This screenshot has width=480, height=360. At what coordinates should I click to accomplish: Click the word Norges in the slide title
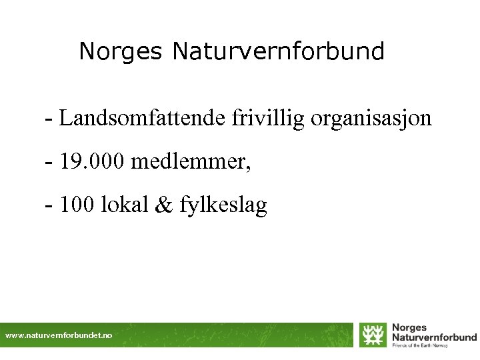(x=121, y=51)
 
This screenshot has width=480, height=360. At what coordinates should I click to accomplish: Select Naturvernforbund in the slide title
(x=278, y=51)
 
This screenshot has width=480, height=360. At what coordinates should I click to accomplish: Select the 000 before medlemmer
(x=107, y=162)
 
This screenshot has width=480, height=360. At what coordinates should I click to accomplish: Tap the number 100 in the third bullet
(x=77, y=205)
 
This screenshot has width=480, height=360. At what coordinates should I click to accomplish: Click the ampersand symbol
(x=162, y=205)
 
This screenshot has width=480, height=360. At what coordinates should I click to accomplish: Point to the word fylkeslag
(x=223, y=206)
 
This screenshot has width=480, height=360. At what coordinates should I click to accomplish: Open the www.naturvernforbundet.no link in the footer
(x=59, y=335)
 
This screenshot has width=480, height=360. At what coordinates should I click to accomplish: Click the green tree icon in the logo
(x=373, y=335)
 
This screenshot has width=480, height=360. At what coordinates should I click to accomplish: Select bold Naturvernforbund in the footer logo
(x=433, y=337)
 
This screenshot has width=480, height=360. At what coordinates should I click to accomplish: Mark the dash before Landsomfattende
(x=49, y=120)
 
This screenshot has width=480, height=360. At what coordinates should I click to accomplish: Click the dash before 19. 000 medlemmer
(x=49, y=163)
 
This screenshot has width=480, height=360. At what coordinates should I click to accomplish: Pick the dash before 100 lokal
(x=49, y=206)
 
